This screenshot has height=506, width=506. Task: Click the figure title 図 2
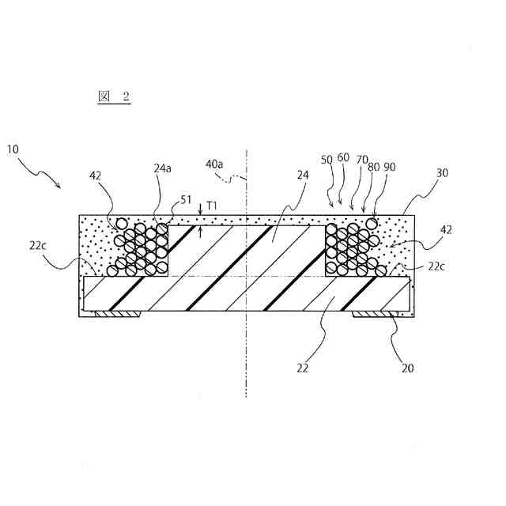[113, 96]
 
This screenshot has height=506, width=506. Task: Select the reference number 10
[14, 149]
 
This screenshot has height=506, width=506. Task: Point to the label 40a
[214, 164]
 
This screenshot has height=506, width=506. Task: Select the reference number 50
[327, 159]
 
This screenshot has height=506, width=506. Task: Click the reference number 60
[343, 158]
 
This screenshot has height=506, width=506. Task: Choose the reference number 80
[374, 167]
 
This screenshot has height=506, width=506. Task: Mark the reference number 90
[390, 167]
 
